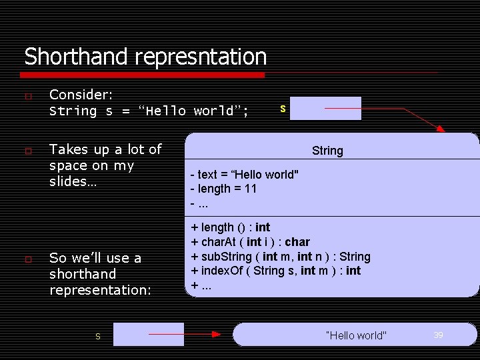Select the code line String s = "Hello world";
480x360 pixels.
tap(149, 111)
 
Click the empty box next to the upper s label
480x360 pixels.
tap(325, 108)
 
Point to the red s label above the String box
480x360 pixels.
tap(283, 108)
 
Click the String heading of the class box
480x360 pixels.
tap(327, 151)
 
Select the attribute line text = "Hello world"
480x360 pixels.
tap(245, 175)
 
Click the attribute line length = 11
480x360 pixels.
tap(223, 189)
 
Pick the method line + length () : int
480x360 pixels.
tap(231, 227)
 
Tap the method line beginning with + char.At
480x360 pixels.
tap(251, 241)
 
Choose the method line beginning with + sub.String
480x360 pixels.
tap(281, 256)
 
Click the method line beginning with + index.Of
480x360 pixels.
tap(276, 270)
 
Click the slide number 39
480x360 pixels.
tap(438, 335)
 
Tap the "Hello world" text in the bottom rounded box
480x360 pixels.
tap(355, 335)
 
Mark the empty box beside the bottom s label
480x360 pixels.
tap(148, 334)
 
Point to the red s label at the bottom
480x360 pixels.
tap(97, 337)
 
